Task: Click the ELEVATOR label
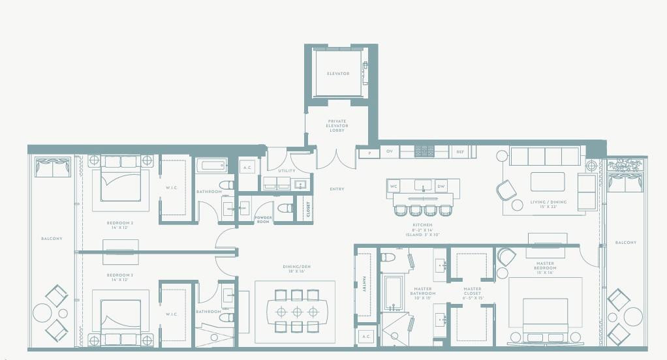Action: (338, 74)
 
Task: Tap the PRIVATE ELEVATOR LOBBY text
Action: (337, 125)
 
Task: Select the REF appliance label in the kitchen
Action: (460, 152)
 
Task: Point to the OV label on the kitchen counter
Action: (389, 152)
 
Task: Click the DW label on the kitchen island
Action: (441, 187)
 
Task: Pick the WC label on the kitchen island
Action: (394, 187)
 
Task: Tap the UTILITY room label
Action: (287, 171)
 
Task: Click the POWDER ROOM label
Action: (264, 220)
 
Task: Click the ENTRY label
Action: (337, 189)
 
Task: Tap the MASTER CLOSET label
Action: (472, 291)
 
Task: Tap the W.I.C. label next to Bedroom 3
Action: (172, 314)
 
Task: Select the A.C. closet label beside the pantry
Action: (364, 337)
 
